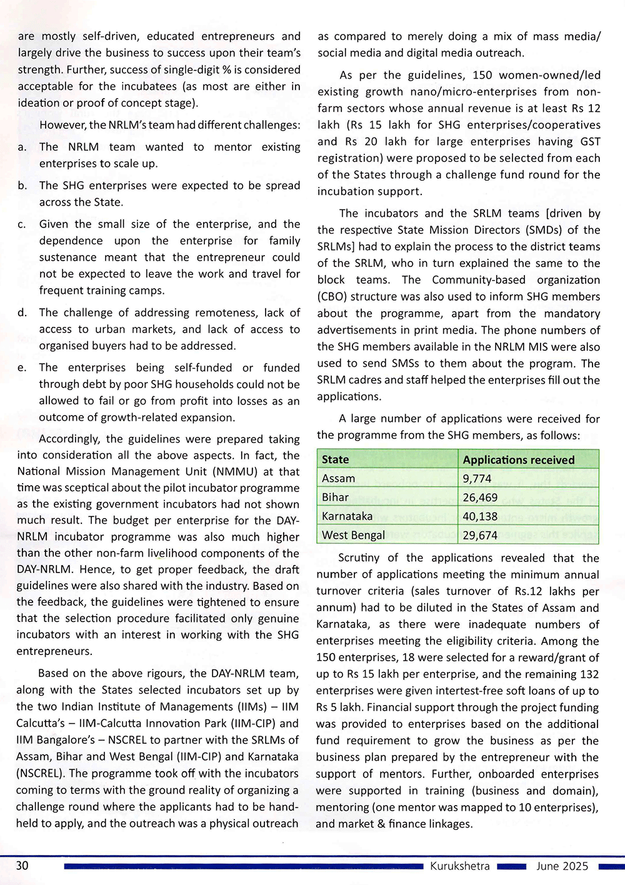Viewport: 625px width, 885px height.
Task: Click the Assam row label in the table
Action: (x=338, y=478)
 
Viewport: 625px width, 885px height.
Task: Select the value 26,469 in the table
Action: (x=480, y=497)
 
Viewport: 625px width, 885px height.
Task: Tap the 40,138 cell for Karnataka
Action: (x=480, y=516)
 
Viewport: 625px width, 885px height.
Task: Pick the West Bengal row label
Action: (x=353, y=535)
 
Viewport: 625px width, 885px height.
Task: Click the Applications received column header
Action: (x=518, y=459)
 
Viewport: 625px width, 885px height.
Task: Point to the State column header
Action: (x=335, y=459)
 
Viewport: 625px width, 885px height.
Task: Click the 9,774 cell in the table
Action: (x=477, y=479)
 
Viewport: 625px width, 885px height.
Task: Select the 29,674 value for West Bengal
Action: (x=480, y=535)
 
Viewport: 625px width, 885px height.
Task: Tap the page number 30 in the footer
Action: (x=22, y=866)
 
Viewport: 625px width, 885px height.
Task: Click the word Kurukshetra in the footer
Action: (x=459, y=866)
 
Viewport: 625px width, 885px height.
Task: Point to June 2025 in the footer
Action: (x=562, y=866)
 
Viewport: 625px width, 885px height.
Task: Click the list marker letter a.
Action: (x=22, y=147)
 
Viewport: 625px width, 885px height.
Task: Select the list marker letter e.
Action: (x=22, y=368)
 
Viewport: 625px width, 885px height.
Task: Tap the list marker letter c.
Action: (x=22, y=224)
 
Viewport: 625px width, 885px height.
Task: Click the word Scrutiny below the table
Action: (x=359, y=558)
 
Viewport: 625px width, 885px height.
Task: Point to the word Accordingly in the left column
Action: (x=70, y=439)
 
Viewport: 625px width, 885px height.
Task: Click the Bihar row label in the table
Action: (x=335, y=497)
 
